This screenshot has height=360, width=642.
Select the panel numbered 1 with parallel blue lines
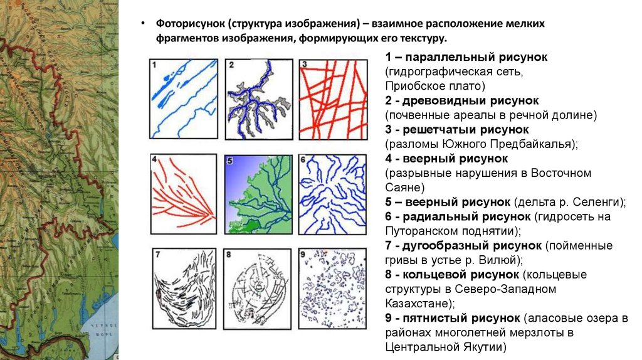point(183,98)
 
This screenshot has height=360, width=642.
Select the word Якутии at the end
point(482,347)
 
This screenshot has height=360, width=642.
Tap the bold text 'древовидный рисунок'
point(471,100)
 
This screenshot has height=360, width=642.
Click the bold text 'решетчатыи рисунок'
point(467,130)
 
